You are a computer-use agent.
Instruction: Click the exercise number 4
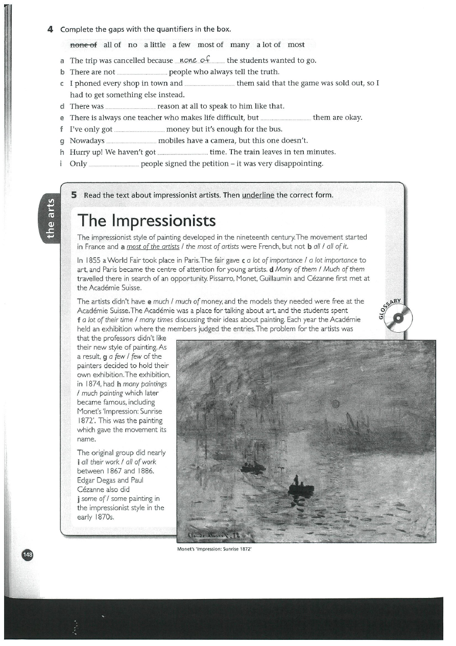point(50,29)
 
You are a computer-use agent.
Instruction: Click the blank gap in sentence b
point(142,73)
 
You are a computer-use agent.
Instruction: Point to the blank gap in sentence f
point(139,130)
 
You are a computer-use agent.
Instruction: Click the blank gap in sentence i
point(113,164)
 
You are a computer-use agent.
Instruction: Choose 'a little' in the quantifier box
point(155,44)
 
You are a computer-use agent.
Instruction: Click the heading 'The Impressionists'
point(147,220)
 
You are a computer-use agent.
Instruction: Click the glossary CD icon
point(399,317)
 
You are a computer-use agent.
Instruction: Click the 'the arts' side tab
point(50,217)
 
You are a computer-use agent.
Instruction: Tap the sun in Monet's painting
point(335,404)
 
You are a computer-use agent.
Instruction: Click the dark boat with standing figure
point(300,486)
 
